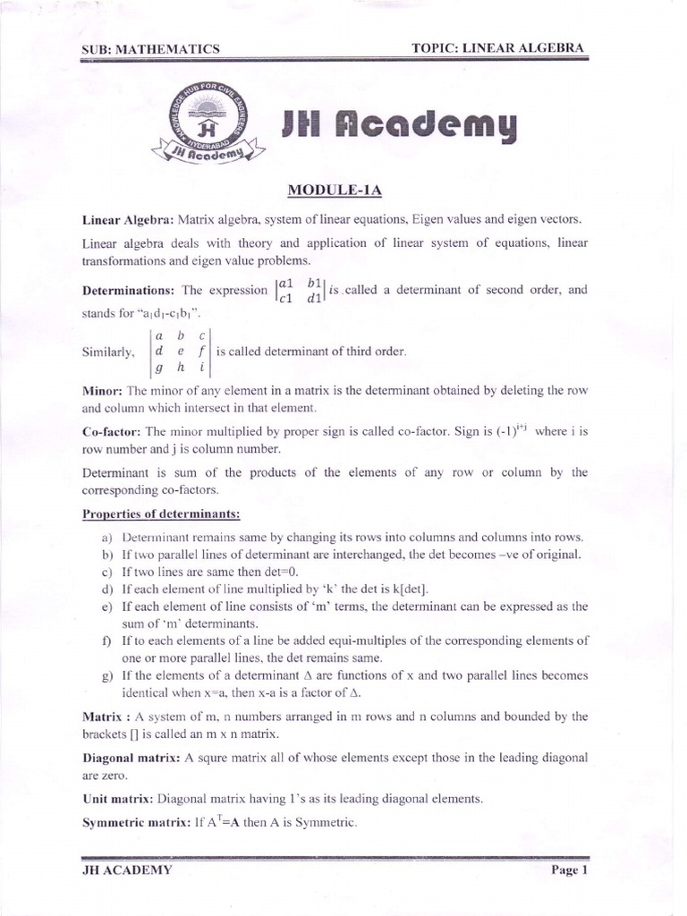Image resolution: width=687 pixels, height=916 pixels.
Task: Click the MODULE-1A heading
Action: tap(335, 191)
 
